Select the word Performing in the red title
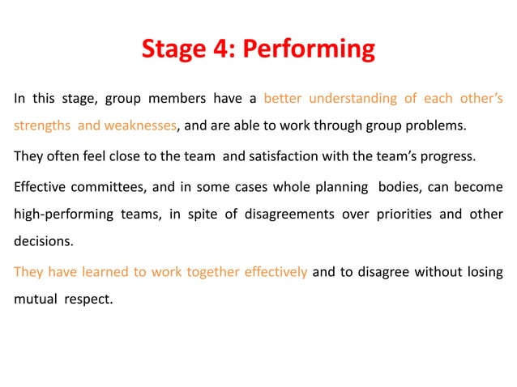coord(308,49)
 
